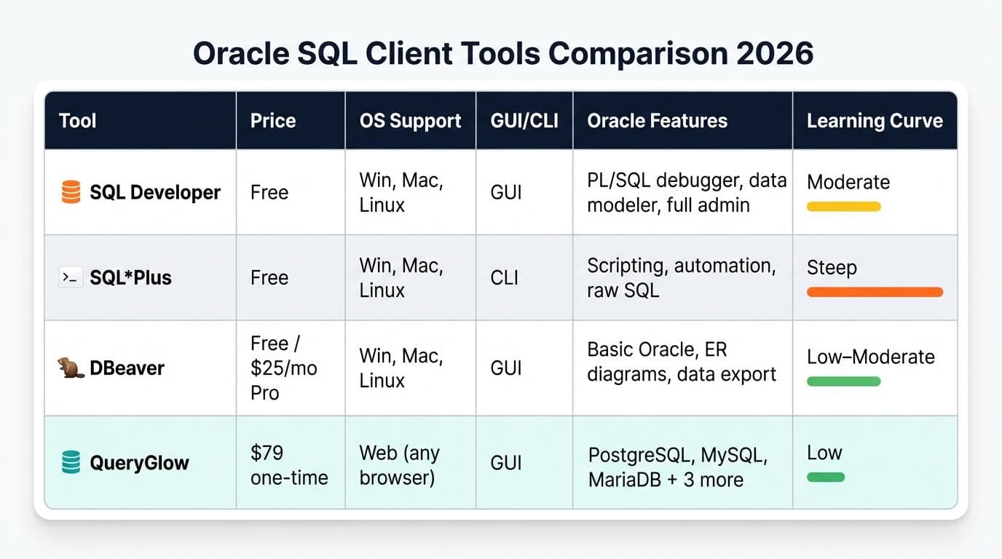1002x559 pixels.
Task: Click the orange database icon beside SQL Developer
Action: (x=71, y=192)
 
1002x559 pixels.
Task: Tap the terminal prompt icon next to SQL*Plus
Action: (x=71, y=277)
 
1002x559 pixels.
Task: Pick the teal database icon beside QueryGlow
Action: (x=71, y=462)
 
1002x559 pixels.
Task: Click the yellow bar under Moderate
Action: (x=843, y=207)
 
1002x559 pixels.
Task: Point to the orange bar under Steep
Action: (x=875, y=292)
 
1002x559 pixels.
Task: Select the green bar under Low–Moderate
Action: (x=843, y=381)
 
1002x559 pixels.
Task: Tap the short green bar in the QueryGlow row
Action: (x=826, y=477)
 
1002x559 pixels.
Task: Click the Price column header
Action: (x=273, y=121)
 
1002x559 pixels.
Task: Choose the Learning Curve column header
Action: (x=875, y=121)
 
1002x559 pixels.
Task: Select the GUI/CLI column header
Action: (x=524, y=121)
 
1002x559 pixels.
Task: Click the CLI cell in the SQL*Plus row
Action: (x=505, y=277)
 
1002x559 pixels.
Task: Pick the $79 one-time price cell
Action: (x=289, y=465)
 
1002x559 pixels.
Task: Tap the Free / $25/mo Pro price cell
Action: (x=284, y=368)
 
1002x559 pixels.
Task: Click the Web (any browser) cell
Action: (x=399, y=465)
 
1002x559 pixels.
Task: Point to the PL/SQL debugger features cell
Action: (x=686, y=193)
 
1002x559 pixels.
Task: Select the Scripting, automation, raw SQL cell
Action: (x=681, y=277)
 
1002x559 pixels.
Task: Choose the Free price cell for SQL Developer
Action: (x=269, y=192)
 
